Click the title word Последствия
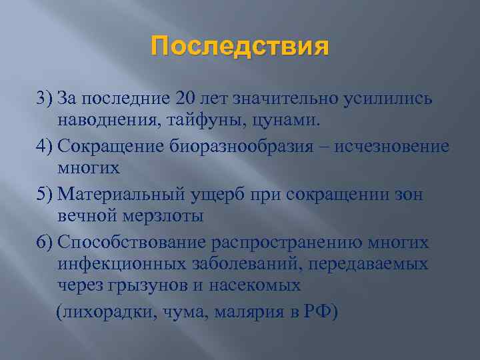tap(240, 47)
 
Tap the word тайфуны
tap(195, 121)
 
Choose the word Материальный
tap(121, 194)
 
